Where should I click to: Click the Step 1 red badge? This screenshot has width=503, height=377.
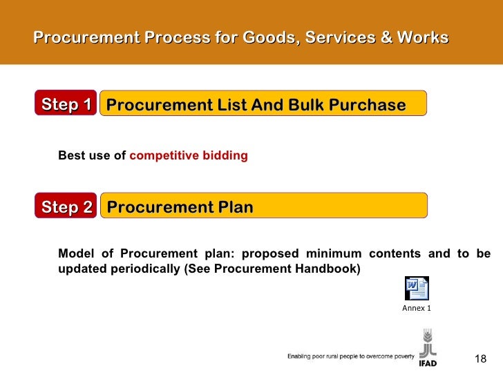(x=66, y=105)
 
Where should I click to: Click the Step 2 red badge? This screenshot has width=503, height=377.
(x=66, y=207)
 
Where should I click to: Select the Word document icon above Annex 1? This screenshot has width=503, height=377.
(x=417, y=289)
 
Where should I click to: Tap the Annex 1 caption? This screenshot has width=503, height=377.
(x=417, y=308)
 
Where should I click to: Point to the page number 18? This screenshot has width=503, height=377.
(x=480, y=358)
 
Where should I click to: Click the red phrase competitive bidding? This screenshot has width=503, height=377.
(x=189, y=155)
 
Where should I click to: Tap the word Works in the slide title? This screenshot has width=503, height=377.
(x=424, y=37)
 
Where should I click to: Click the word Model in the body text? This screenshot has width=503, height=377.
(x=75, y=253)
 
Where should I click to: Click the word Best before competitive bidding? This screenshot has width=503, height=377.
(x=72, y=155)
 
